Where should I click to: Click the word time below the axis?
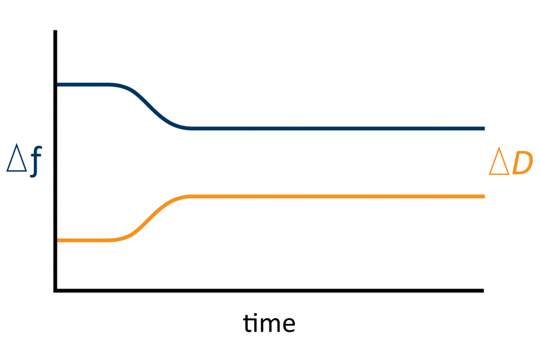click(269, 323)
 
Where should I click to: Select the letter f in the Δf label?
click(36, 161)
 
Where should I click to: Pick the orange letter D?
click(522, 163)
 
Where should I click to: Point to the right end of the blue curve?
click(484, 129)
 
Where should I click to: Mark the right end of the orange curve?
click(484, 197)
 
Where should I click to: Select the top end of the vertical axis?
click(55, 31)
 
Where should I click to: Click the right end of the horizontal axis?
click(483, 291)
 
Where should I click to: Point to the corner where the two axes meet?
click(55, 291)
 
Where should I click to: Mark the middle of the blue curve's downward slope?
click(150, 106)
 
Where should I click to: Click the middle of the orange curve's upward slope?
click(150, 219)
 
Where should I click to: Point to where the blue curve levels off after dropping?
click(191, 129)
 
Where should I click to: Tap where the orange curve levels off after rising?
click(191, 197)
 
